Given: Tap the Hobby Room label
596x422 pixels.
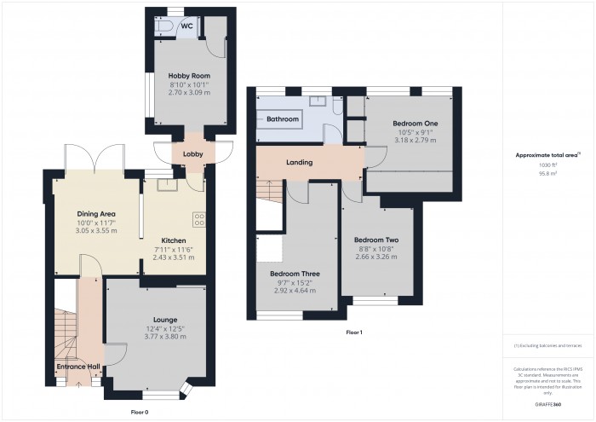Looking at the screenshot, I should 177,76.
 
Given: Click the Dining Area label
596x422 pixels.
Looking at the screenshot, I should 93,214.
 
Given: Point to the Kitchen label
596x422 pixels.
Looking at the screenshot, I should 174,241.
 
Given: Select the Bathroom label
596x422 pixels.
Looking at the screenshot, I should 283,119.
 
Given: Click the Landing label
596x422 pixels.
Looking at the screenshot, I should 299,162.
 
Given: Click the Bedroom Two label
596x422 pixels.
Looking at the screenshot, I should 375,240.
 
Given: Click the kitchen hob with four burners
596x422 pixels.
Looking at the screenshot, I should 200,219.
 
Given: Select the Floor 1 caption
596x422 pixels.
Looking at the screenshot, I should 354,332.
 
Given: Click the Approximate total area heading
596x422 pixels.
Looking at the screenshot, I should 547,155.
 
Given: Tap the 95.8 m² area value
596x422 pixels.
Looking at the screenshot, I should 548,173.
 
